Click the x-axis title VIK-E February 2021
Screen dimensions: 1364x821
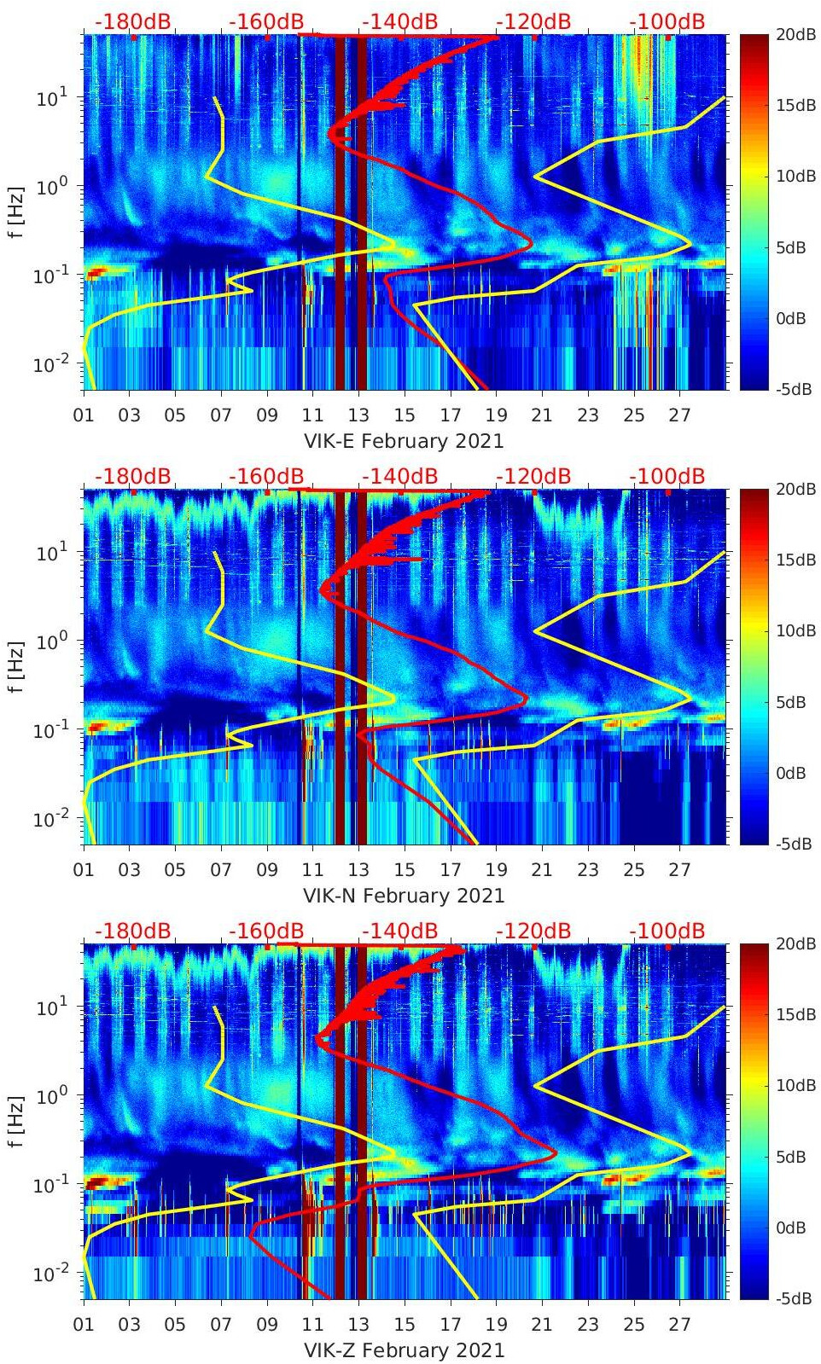(404, 441)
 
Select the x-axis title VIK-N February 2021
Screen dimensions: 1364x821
(404, 896)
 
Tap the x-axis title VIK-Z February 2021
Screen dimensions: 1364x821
(404, 1350)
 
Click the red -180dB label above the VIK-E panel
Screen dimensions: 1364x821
(132, 21)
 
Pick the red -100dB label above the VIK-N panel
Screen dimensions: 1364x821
(667, 476)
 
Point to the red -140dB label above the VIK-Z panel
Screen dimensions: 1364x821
(399, 931)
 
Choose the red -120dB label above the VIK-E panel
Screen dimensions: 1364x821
(533, 21)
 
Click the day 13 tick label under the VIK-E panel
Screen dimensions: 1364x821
(358, 415)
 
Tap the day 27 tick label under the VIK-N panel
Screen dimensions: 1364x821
(679, 870)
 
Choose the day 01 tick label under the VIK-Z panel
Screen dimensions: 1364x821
(84, 1325)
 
